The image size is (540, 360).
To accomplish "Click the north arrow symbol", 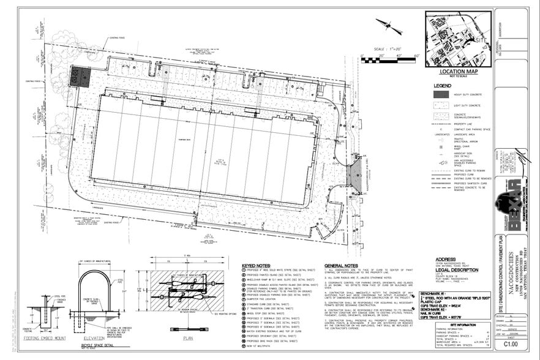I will point(387,26).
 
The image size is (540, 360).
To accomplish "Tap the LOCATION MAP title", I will point(457,72).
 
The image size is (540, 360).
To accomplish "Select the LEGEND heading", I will point(442,85).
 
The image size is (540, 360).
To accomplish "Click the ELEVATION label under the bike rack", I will point(94,337).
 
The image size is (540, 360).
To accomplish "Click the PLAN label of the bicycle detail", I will point(188,337).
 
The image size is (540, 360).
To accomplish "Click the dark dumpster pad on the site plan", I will point(80,77).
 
